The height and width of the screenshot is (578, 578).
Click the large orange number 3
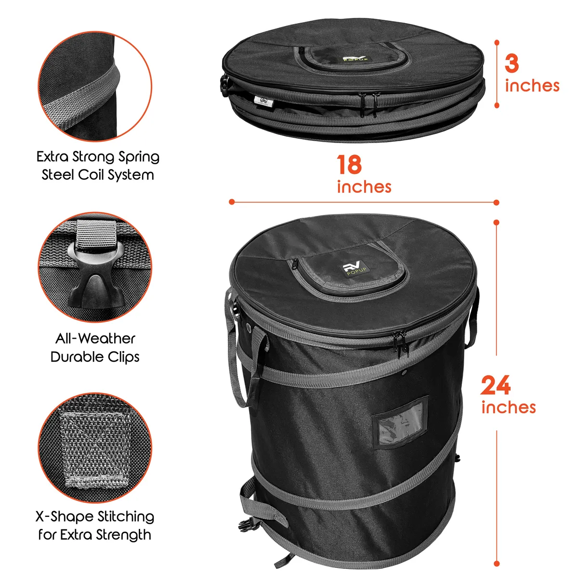pyautogui.click(x=512, y=63)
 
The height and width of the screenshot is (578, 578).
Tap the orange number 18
pyautogui.click(x=349, y=165)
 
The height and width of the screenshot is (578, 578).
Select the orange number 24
pyautogui.click(x=496, y=385)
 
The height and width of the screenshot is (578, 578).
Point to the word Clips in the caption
pyautogui.click(x=124, y=357)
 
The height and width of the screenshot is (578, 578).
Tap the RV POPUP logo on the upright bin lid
pyautogui.click(x=355, y=269)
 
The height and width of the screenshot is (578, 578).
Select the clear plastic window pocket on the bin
pyautogui.click(x=401, y=422)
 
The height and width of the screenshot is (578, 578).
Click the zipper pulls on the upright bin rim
pyautogui.click(x=403, y=341)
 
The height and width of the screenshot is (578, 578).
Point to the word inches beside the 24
pyautogui.click(x=508, y=407)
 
